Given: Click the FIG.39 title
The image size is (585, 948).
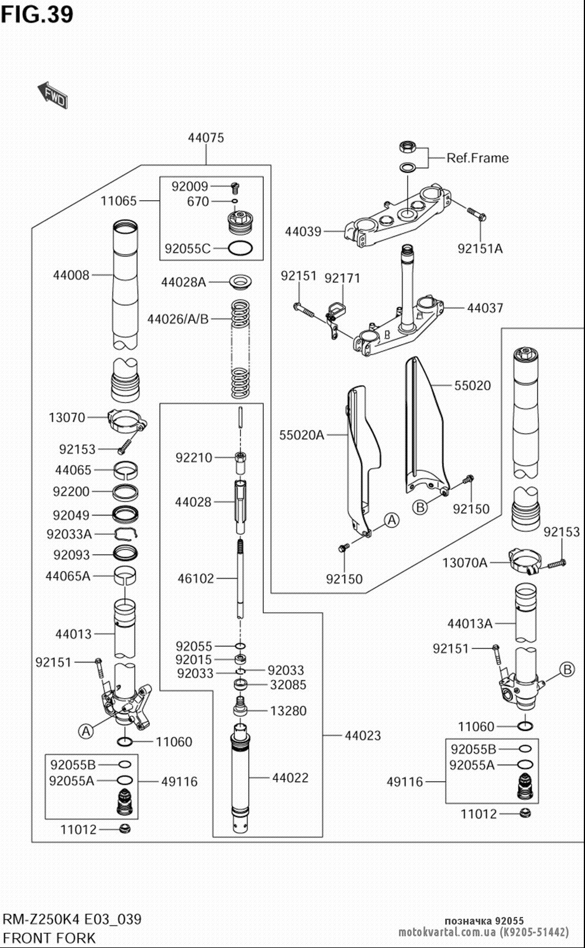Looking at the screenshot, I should (x=37, y=14).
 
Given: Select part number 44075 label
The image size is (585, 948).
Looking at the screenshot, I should (x=205, y=138).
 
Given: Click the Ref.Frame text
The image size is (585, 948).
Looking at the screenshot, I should (x=477, y=158).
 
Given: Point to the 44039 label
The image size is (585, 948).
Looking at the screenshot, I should (x=303, y=232).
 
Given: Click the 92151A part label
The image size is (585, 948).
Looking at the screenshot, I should (x=480, y=249).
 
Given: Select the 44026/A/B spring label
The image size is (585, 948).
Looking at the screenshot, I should (x=178, y=320).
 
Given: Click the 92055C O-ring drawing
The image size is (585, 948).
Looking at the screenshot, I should (x=240, y=249).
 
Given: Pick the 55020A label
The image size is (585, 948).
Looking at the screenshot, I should (x=301, y=435).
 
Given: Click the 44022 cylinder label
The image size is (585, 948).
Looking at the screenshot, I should (x=290, y=778).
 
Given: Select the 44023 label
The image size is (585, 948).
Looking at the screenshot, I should (x=363, y=736).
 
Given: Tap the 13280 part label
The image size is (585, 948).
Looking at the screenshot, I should (x=288, y=711).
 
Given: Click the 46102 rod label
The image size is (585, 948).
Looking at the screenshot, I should (x=196, y=579).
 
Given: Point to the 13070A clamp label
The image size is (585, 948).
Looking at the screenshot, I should (x=464, y=563).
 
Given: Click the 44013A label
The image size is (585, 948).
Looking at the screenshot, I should (x=470, y=624).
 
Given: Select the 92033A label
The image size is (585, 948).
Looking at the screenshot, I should (x=69, y=534).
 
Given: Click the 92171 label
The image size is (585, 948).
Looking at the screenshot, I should (x=342, y=278).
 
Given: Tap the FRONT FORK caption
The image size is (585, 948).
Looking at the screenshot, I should (x=49, y=938).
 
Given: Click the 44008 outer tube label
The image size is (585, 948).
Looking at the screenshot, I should (x=71, y=275).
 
